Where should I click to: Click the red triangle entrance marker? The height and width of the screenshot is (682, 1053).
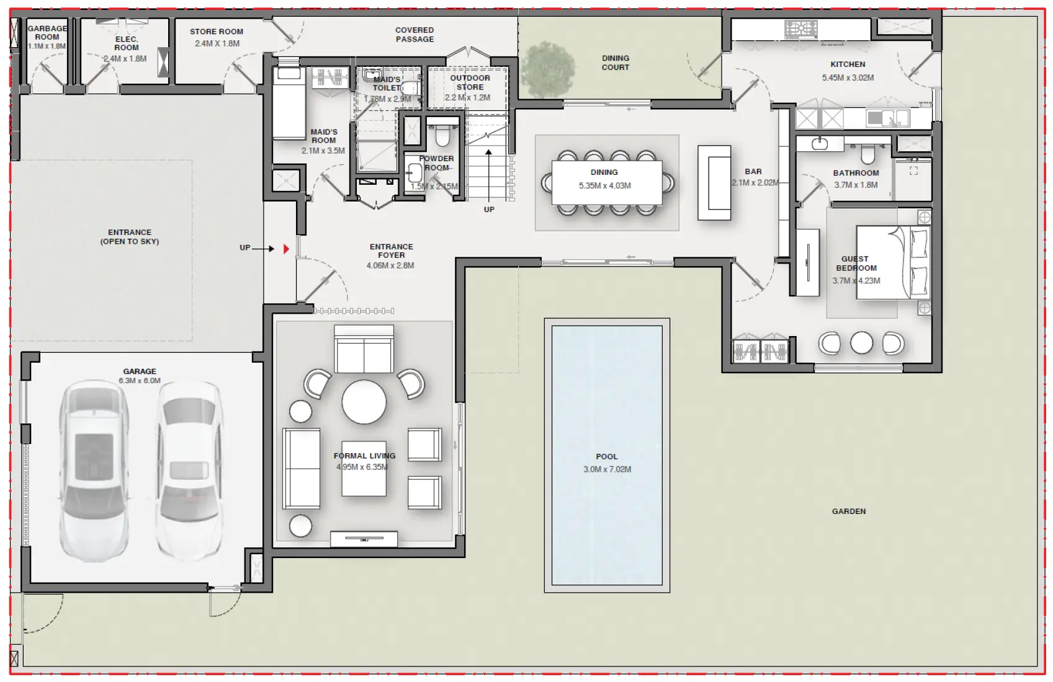click(x=286, y=249)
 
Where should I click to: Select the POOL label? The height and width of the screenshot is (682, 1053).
click(x=606, y=456)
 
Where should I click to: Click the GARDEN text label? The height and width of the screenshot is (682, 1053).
click(x=848, y=511)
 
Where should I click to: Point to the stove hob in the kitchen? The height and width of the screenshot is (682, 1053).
click(x=800, y=29)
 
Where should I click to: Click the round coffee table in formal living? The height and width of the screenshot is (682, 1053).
click(x=364, y=402)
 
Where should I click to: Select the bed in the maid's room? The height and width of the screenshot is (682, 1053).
click(x=289, y=103)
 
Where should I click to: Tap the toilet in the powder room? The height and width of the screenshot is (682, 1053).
click(x=442, y=135)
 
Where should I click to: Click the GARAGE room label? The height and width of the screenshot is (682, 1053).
click(x=140, y=371)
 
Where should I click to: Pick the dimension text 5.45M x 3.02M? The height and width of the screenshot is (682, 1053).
click(x=848, y=78)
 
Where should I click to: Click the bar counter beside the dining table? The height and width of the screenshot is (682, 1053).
click(x=714, y=183)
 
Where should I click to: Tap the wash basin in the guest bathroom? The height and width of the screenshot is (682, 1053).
click(x=820, y=144)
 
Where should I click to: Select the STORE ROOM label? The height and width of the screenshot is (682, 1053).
click(x=217, y=32)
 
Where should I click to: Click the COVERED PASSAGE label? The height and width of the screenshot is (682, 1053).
click(x=414, y=35)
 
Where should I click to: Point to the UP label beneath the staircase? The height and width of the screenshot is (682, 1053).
click(x=489, y=210)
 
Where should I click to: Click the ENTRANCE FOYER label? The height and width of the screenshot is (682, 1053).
click(x=391, y=250)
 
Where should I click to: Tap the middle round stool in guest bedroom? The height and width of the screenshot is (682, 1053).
click(x=861, y=342)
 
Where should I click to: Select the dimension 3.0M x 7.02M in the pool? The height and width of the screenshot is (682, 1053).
click(x=607, y=469)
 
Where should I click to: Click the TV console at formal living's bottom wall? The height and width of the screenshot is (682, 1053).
click(x=364, y=539)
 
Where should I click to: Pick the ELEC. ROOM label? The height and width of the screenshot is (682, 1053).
click(x=127, y=43)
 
